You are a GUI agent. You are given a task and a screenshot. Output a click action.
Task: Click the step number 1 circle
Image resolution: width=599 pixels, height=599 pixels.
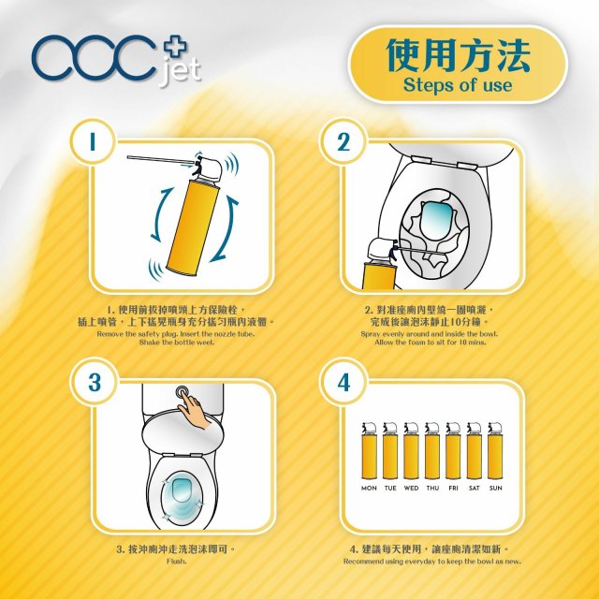pos(93,141)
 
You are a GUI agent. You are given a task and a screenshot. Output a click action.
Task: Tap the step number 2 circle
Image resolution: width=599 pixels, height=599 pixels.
pos(343,141)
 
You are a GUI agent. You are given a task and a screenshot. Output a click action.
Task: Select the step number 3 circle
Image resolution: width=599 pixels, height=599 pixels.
pos(94,381)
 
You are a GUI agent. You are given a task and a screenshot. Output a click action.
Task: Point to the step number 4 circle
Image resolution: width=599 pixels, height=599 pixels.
pos(343,381)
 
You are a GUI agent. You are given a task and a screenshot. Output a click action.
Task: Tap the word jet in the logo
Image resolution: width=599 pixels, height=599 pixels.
pos(180,71)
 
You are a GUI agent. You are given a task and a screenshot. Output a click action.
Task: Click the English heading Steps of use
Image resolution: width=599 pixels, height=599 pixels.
pos(458,85)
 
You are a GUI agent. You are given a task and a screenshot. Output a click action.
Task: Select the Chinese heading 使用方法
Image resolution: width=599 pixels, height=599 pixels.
pos(458,55)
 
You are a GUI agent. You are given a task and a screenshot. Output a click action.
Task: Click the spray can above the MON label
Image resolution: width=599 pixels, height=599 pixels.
pos(369,450)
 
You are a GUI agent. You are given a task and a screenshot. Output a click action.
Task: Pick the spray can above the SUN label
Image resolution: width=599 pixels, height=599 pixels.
pos(495,450)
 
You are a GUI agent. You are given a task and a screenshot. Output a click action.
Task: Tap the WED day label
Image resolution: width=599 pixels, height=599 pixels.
pos(411,488)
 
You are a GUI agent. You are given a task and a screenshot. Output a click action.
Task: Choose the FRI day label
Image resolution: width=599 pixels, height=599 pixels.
pos(453,488)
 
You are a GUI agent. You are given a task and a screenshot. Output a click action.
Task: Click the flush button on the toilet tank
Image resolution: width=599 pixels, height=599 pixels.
pos(183,391)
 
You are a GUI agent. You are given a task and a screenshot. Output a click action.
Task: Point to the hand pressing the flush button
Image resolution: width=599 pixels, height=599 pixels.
pos(194,411)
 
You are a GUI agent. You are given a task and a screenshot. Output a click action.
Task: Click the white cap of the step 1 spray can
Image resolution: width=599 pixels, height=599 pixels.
pos(210,168)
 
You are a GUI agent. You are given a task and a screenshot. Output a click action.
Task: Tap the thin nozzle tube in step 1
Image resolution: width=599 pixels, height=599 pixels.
pos(161,159)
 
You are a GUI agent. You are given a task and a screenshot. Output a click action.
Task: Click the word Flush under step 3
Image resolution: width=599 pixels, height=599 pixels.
pos(177,562)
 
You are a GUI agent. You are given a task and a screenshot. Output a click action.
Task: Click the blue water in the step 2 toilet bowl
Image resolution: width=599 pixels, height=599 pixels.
pos(436,221)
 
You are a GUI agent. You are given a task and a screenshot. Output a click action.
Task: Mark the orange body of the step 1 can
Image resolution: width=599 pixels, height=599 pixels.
pos(193,228)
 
